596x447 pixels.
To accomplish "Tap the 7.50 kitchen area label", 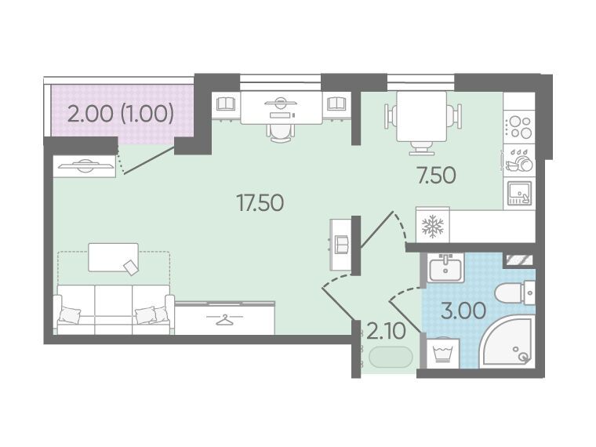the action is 436,175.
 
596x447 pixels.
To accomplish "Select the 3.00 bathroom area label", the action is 463,311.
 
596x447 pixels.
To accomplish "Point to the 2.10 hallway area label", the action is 386,332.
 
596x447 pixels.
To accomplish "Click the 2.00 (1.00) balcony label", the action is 121,113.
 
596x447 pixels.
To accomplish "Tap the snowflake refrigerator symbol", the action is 433,227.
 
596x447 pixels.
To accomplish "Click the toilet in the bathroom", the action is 515,293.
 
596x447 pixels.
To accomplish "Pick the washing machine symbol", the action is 442,353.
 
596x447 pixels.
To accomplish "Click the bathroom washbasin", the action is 445,267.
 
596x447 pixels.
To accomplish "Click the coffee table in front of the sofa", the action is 113,258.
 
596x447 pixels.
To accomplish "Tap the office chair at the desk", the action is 281,132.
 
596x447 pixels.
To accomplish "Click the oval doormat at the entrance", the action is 391,358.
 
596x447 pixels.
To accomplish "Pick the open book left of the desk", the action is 226,104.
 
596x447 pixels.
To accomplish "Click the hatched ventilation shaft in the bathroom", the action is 519,260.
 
